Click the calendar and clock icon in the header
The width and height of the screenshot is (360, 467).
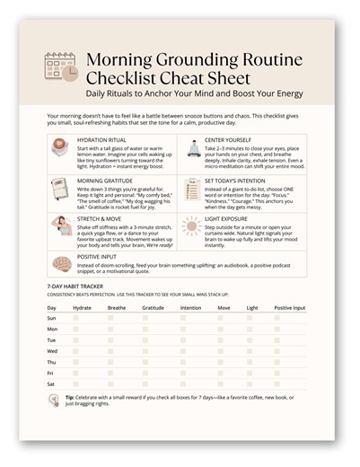coord(60,66)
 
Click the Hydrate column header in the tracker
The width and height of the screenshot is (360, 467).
coord(82,307)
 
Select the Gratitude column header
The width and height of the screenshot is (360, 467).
coord(154,307)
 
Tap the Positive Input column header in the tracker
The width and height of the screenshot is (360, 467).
coord(290,307)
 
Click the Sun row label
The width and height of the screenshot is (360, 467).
coord(52,318)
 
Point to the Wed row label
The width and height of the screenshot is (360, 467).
coord(52,352)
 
